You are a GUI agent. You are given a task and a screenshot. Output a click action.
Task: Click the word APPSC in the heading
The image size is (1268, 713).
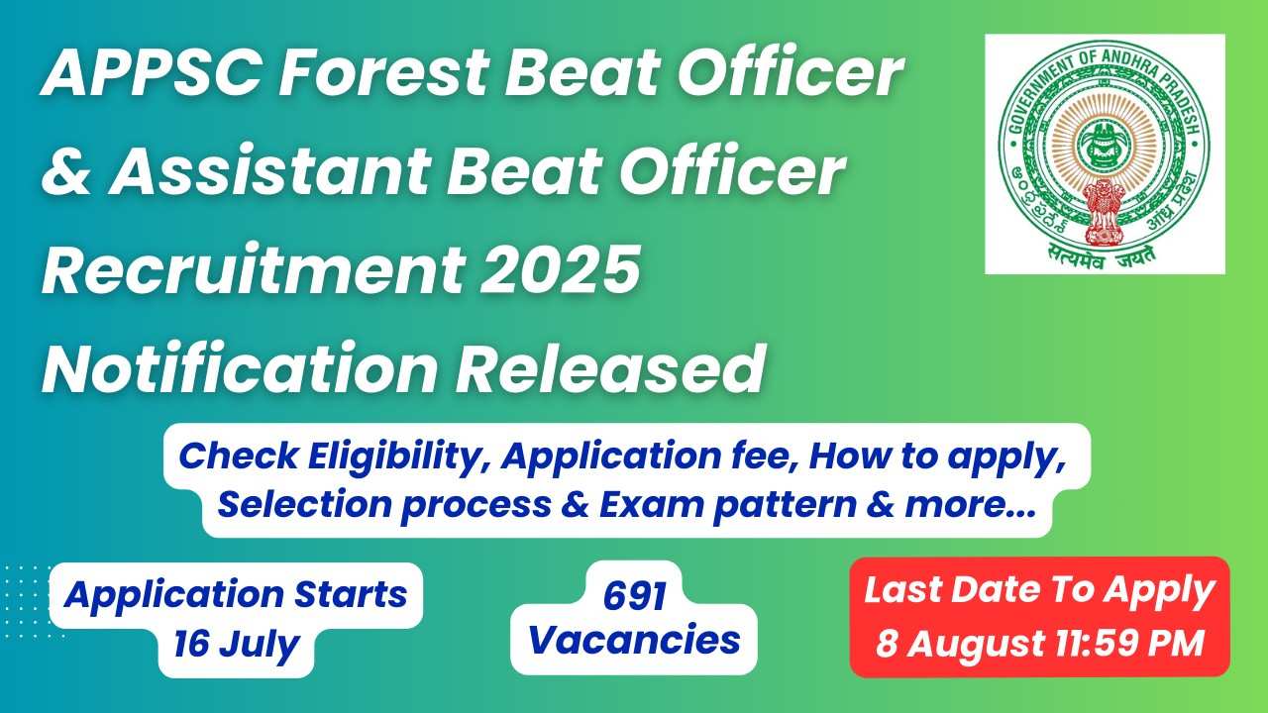pos(152,73)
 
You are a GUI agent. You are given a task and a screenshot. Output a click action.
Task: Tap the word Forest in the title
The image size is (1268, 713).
pos(383,73)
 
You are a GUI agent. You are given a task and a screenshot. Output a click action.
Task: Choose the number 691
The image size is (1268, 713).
pos(635,596)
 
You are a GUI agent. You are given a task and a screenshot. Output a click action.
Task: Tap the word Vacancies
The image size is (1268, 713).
pos(634,640)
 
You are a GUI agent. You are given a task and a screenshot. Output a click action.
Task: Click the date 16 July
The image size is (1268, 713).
pos(236,644)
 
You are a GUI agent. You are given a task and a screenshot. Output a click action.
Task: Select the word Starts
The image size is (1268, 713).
pos(351,594)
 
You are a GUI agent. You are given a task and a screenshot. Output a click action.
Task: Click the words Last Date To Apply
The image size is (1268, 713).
pos(1039,591)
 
